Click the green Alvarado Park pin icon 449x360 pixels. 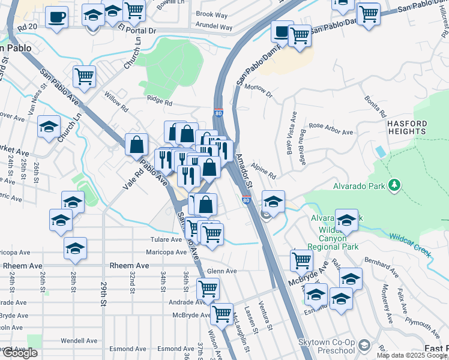[394, 186]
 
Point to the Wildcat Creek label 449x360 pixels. [410, 245]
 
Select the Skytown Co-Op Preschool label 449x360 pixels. [328, 346]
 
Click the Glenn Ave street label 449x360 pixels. [221, 271]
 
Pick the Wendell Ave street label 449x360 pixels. [79, 340]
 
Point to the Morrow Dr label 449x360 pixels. [259, 91]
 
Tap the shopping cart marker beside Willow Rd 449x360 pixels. [85, 77]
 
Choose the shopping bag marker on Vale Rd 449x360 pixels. [137, 145]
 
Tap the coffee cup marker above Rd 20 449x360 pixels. [56, 17]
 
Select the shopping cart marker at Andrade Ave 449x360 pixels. [208, 289]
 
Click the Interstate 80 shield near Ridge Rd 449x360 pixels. [218, 112]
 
